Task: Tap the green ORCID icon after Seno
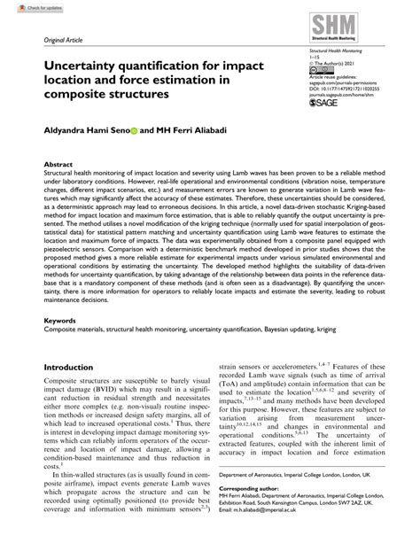tap(135, 131)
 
